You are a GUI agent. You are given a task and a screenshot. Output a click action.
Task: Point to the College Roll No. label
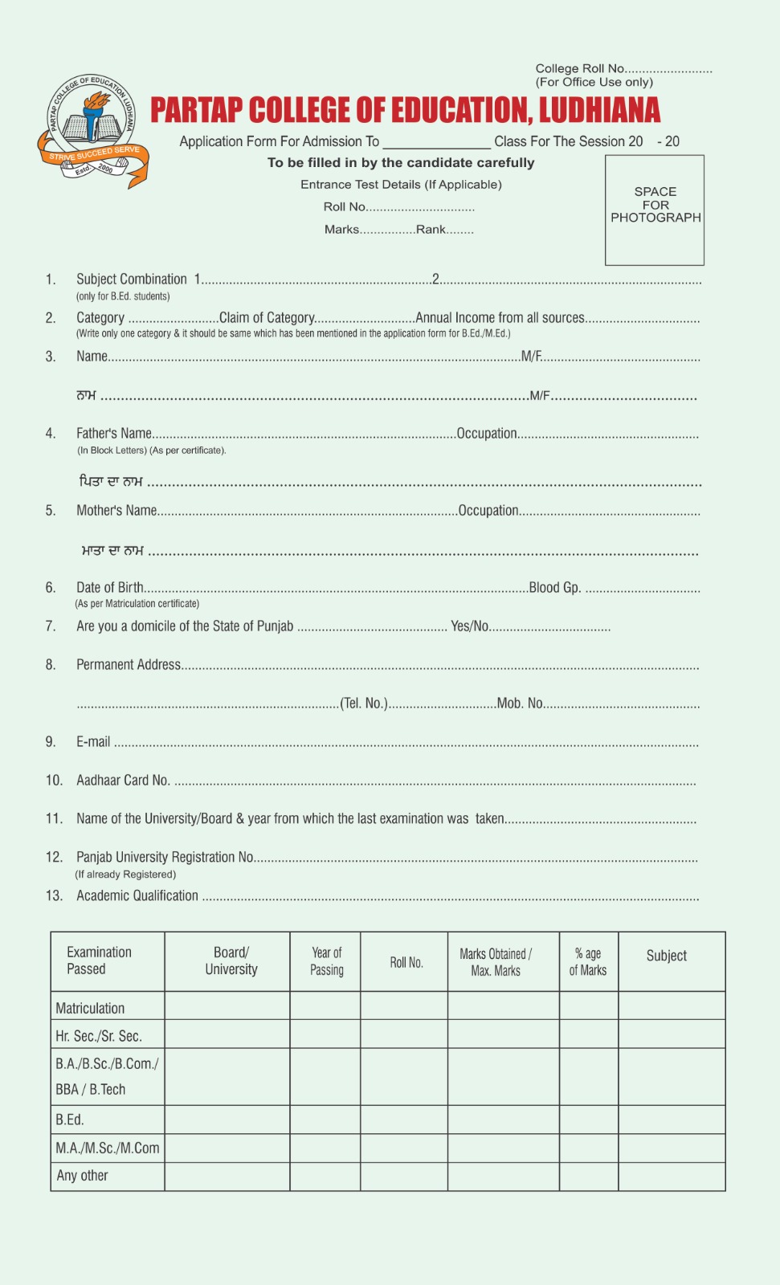point(580,69)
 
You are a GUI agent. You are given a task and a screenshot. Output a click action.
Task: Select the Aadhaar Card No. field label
point(123,781)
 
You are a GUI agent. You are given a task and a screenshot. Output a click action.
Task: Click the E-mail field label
point(93,742)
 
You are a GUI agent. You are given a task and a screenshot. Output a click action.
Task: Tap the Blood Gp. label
point(554,588)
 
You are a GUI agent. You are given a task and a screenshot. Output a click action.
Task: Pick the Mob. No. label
point(520,704)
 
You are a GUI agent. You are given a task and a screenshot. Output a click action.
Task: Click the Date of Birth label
point(110,588)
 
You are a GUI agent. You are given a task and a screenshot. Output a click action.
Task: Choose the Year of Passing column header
point(326,961)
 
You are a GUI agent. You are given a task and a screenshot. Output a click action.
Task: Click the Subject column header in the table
point(666,956)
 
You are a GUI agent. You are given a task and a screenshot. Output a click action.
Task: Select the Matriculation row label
point(90,1009)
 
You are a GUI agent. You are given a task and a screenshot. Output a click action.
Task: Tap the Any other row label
point(82,1176)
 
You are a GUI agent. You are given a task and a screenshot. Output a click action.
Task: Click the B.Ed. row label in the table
point(70,1120)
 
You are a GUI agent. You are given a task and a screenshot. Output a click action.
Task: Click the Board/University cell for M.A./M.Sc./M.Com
point(227,1148)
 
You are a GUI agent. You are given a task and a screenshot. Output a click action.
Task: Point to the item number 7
point(51,626)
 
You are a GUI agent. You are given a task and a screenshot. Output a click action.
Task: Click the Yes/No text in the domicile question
point(470,626)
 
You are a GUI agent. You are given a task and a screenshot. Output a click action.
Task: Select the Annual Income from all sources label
point(500,318)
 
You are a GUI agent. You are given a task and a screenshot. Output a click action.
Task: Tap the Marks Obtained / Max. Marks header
point(496,962)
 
